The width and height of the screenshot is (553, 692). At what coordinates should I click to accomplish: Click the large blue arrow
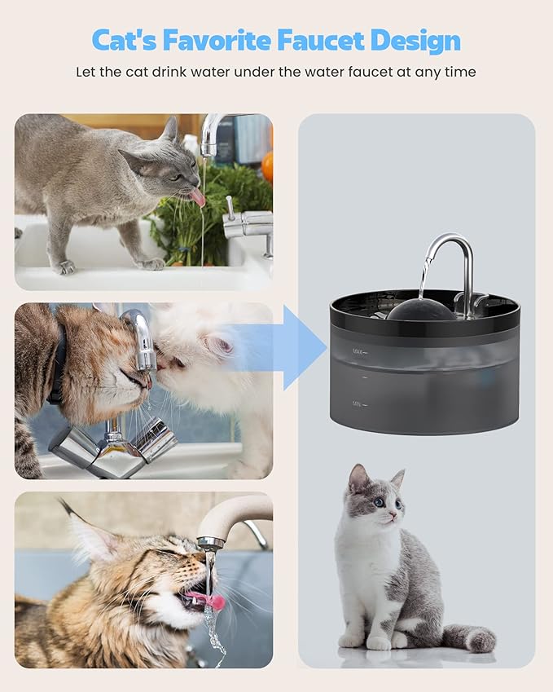click(x=303, y=347)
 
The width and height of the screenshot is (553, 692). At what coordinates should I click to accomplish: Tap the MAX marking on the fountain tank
click(x=358, y=352)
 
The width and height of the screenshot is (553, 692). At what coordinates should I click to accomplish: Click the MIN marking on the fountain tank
click(x=358, y=403)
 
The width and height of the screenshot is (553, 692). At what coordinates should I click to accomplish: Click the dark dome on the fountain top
click(x=422, y=311)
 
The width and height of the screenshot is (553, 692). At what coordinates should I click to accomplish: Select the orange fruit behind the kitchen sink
click(x=267, y=165)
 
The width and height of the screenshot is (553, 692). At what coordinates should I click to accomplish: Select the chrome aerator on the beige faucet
click(x=211, y=543)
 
